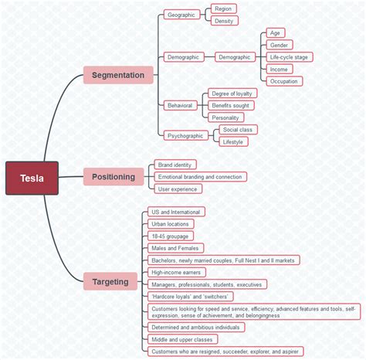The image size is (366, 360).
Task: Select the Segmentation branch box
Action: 118,75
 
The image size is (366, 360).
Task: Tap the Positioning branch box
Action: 114,177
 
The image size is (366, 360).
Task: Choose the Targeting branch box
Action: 110,281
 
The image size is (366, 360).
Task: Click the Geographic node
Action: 181,15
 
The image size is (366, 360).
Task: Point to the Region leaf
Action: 223,8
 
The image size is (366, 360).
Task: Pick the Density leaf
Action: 224,21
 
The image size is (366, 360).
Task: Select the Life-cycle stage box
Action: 290,57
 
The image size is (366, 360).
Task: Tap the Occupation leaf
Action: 283,81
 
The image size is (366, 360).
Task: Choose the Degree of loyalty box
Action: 231,93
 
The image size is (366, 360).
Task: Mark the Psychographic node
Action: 185,135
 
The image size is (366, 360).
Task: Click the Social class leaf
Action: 237,130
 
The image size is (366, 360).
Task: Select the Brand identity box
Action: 175,165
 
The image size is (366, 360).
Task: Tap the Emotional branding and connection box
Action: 200,177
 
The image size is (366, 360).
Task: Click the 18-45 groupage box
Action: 170,236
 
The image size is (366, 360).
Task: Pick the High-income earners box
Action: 178,272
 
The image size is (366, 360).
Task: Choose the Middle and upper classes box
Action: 182,339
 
